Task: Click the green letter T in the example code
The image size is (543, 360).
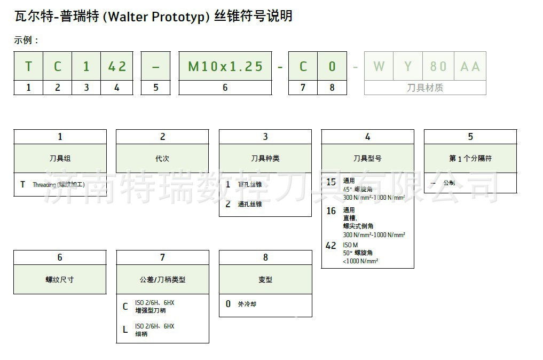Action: coord(28,66)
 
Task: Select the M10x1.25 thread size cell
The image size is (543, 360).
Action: coord(225,66)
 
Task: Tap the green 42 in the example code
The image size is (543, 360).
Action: coord(117,66)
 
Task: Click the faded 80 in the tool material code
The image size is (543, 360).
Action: coord(438,66)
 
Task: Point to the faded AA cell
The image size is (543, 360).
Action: coord(470,66)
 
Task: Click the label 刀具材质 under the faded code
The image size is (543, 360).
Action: coord(425,88)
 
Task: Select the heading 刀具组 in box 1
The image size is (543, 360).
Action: coord(60,158)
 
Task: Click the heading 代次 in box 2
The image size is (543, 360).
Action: coord(162,158)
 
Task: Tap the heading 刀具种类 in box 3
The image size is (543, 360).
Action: coord(265,158)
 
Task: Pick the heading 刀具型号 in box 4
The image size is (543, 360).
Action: coord(367,158)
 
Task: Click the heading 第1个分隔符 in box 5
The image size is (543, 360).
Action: coord(470,158)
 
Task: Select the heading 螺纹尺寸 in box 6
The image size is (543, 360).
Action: coord(60,279)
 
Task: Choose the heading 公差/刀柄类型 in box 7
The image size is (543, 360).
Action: coord(162,279)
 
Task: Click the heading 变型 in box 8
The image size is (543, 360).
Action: coord(265,279)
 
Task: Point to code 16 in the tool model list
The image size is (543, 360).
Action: coord(331,211)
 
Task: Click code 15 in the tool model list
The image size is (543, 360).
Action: coord(331,182)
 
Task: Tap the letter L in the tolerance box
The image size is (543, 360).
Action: coord(125,330)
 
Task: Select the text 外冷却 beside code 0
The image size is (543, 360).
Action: coord(247,304)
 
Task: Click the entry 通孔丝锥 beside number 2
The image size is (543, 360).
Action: coord(250,204)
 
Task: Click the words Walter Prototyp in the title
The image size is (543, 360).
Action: coord(155,17)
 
